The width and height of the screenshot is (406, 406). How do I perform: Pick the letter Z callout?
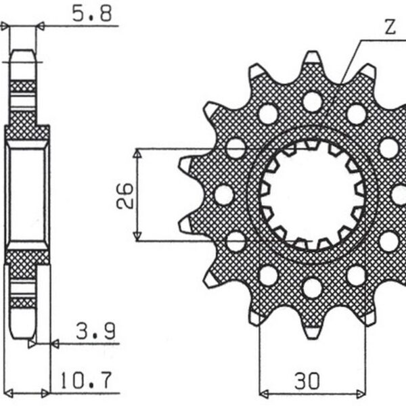coord(390,28)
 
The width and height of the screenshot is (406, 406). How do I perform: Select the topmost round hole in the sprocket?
coord(312,101)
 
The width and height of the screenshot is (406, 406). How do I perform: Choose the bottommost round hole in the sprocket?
coord(312,288)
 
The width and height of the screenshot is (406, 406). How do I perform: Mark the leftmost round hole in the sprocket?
coord(223,195)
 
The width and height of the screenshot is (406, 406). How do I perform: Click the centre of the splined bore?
coord(312,195)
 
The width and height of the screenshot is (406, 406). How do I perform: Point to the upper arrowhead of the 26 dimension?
coord(138,153)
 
